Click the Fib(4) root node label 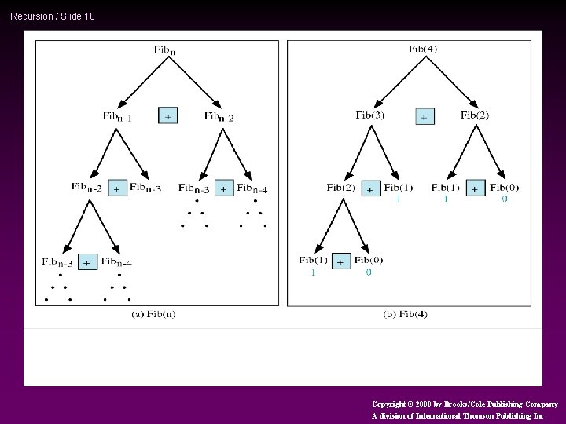pyautogui.click(x=423, y=49)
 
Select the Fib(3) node pyautogui.click(x=370, y=115)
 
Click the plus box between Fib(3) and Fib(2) pyautogui.click(x=424, y=116)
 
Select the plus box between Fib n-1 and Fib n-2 pyautogui.click(x=167, y=115)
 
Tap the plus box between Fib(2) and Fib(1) pyautogui.click(x=370, y=188)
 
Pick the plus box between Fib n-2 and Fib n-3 pyautogui.click(x=117, y=188)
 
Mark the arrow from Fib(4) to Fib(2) pyautogui.click(x=451, y=79)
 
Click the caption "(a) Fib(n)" pyautogui.click(x=153, y=314)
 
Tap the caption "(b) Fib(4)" pyautogui.click(x=406, y=314)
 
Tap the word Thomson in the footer pyautogui.click(x=482, y=416)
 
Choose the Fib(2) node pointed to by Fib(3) pyautogui.click(x=341, y=188)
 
